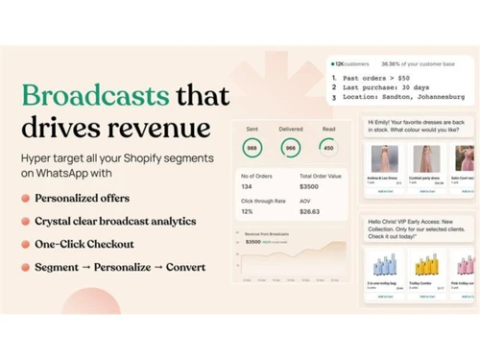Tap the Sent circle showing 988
252,148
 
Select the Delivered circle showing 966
290,148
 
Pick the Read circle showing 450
327,148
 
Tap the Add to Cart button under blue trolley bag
385,297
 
